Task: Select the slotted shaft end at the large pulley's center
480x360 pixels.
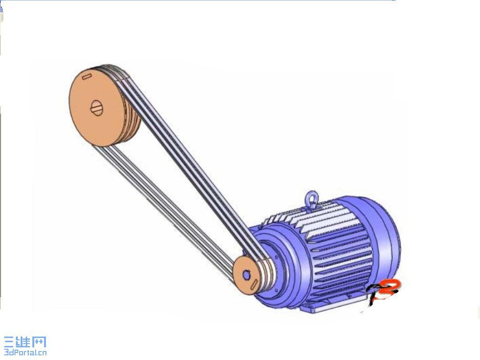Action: (96, 108)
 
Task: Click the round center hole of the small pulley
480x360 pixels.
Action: (247, 275)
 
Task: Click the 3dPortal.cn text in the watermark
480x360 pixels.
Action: (25, 352)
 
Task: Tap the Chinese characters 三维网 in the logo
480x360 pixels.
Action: (25, 342)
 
